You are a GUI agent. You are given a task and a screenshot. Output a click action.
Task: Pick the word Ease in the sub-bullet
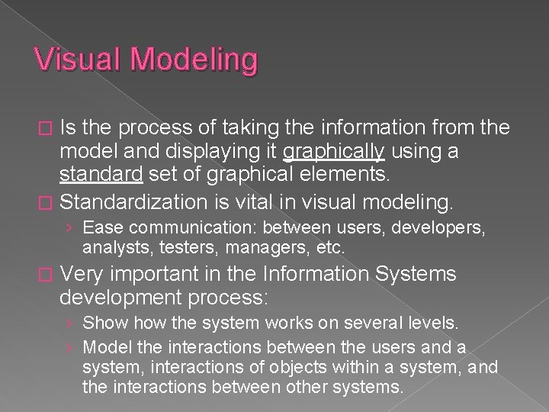[x=100, y=228]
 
